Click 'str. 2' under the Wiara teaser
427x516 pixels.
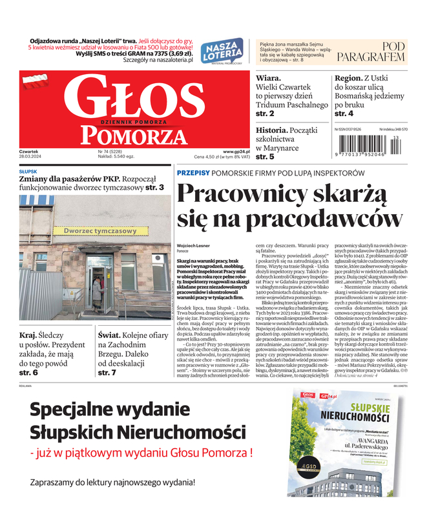pyautogui.click(x=265, y=114)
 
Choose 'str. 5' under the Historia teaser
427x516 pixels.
pyautogui.click(x=265, y=156)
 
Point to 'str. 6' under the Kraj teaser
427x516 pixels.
pyautogui.click(x=28, y=373)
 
